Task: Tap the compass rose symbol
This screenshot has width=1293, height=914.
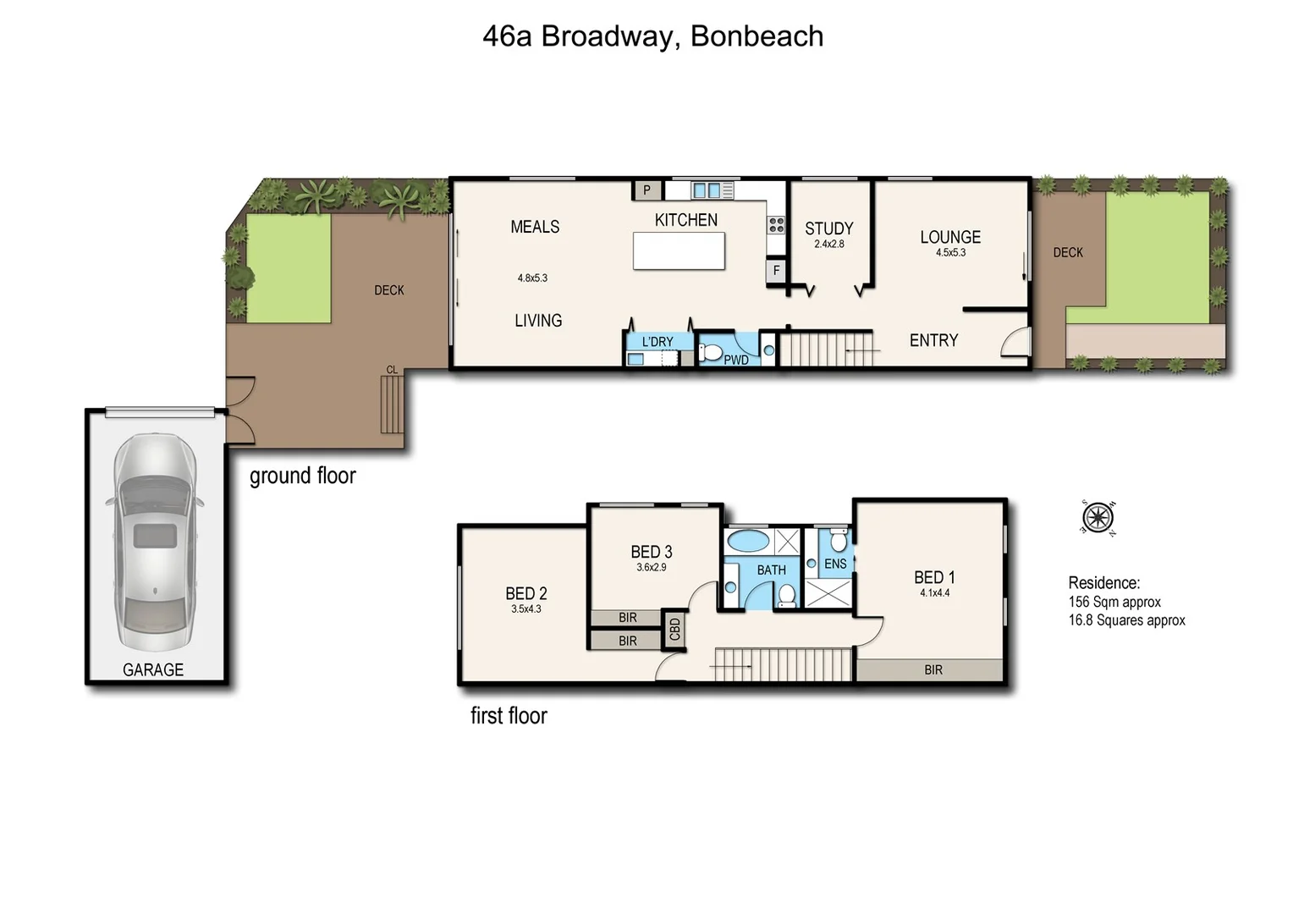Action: pos(1098,516)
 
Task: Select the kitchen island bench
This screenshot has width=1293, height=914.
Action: pos(679,251)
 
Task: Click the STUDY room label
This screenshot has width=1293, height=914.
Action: pos(828,228)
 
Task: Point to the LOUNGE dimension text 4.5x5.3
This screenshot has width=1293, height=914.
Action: pos(950,253)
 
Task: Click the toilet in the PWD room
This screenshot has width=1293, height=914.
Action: pos(709,351)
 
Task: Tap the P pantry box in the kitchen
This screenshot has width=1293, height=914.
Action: pos(647,190)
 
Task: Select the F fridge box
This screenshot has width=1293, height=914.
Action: pos(776,271)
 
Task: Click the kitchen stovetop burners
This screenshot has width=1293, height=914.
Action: pos(776,225)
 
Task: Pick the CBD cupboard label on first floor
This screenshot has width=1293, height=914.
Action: pos(674,630)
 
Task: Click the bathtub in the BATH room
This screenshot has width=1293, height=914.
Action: pos(748,540)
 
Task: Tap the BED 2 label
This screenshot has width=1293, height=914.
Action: pos(525,593)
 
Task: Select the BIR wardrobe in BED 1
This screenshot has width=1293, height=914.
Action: pos(932,670)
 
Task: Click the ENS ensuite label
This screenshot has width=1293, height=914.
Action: pos(835,564)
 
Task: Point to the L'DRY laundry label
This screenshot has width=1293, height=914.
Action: pos(658,342)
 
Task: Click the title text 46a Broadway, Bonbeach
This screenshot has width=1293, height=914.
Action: pos(652,36)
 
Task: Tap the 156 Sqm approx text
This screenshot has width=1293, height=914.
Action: pos(1114,602)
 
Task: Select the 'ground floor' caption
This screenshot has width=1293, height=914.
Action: pos(302,476)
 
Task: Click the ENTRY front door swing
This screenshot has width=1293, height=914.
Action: pos(1015,343)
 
